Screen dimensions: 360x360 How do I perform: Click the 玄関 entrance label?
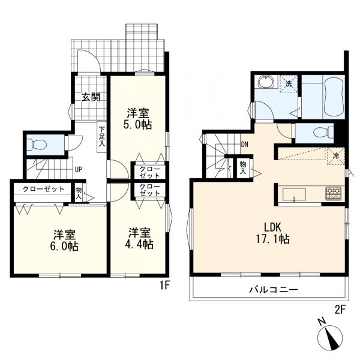91,97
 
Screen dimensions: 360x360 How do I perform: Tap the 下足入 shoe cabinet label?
102,137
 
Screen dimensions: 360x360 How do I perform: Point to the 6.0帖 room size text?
64,247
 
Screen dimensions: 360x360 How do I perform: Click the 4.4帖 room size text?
139,244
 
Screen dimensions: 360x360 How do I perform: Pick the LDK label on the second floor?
272,227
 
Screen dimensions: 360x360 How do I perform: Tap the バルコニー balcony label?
274,290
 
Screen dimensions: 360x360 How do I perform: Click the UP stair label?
78,170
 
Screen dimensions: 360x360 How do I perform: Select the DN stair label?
244,145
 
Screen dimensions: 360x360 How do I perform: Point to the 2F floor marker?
340,310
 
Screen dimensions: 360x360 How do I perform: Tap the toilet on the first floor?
37,145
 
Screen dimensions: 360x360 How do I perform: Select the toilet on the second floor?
323,133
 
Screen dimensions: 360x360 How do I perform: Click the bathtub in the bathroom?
334,97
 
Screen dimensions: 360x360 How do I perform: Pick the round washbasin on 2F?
265,82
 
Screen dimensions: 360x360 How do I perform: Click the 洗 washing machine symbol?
289,83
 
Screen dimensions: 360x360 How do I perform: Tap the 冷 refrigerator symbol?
336,157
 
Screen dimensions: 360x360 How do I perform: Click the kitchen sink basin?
294,194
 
